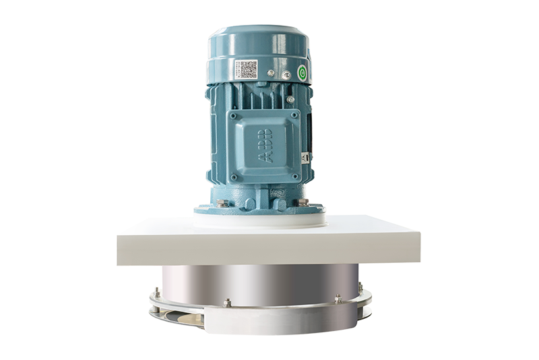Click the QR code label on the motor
pos(245,69)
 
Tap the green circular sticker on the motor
pos(303,73)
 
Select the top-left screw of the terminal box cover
pos(234,116)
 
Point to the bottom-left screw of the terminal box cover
pos(233,177)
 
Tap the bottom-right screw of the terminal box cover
pos(294,177)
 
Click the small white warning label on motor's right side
pos(305,157)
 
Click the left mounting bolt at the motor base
pos(223,202)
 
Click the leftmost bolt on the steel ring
pos(156,293)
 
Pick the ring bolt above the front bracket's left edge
pos(227,303)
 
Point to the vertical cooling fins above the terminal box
pos(259,98)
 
